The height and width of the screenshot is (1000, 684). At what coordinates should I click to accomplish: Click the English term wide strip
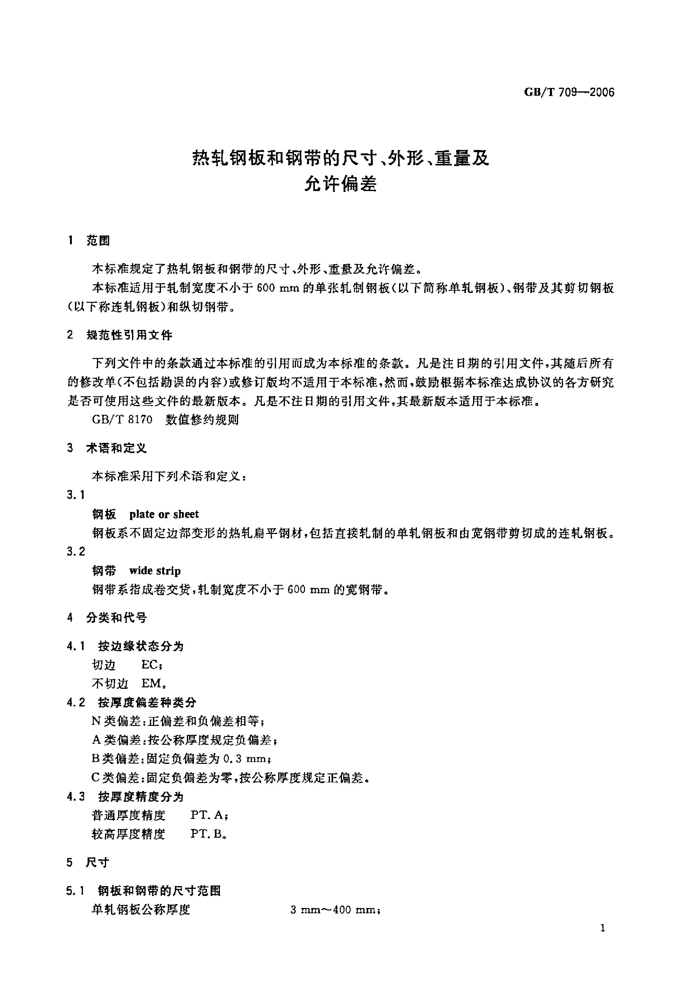tap(155, 571)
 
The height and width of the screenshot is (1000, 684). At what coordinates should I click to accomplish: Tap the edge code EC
tap(150, 665)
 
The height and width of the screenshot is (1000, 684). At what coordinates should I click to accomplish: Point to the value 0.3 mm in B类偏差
tap(245, 759)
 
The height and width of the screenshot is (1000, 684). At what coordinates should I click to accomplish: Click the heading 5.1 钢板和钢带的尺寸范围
tap(144, 891)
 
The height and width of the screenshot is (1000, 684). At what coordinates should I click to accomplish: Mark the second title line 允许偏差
tap(340, 184)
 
